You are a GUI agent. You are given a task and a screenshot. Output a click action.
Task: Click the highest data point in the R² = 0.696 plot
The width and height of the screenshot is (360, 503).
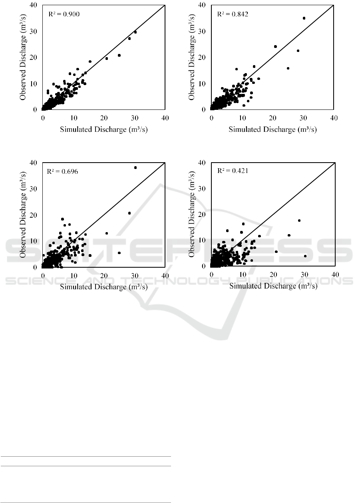pyautogui.click(x=135, y=167)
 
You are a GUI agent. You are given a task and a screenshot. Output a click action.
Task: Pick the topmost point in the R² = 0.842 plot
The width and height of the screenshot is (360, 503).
pyautogui.click(x=304, y=18)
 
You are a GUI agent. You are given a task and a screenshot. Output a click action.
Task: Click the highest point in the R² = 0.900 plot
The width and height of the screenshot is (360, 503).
pyautogui.click(x=135, y=32)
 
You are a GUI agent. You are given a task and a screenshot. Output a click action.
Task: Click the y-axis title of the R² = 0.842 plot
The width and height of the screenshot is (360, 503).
pyautogui.click(x=192, y=57)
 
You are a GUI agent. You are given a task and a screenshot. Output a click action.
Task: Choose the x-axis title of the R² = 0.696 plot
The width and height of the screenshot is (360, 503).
pyautogui.click(x=104, y=287)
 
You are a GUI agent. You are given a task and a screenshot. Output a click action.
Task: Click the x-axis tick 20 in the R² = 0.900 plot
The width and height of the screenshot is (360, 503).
pyautogui.click(x=104, y=118)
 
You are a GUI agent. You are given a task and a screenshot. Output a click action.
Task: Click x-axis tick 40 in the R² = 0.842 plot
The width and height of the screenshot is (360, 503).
pyautogui.click(x=334, y=118)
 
